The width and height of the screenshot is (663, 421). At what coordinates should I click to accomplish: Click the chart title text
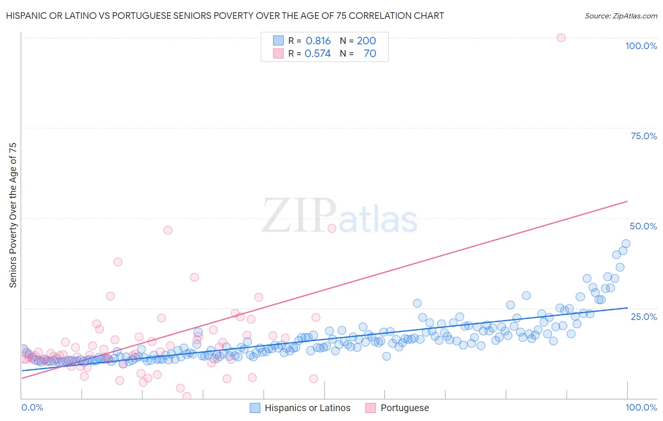pos(225,16)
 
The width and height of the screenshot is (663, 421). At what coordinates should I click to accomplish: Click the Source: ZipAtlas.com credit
pos(621,16)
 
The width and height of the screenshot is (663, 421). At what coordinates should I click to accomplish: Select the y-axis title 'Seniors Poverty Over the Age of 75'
pos(13,215)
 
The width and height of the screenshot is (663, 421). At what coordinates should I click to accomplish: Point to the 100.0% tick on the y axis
pos(641,46)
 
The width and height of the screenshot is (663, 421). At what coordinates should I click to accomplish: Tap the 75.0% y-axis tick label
pos(644,136)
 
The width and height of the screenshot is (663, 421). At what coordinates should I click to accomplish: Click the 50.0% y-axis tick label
pos(643,226)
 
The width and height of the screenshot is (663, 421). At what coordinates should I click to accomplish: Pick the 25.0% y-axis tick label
pos(644,317)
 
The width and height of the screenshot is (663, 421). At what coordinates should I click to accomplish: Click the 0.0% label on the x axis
pos(32,407)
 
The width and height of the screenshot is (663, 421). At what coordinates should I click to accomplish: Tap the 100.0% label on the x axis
pos(641,407)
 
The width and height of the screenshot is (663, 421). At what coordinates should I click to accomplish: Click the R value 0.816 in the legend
pos(318,41)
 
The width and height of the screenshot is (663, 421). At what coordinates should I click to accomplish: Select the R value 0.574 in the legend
pos(318,54)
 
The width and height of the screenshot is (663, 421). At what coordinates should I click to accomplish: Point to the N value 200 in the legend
pos(366,41)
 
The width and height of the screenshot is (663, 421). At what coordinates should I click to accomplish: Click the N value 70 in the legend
pos(370,54)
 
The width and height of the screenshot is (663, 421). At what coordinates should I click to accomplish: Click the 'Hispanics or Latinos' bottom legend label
pos(307,408)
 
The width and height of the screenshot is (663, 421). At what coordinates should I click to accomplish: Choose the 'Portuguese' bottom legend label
pos(405,408)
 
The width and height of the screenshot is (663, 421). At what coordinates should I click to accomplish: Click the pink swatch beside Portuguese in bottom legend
pos(371,408)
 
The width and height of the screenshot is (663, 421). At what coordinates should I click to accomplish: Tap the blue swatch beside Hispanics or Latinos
pos(255,408)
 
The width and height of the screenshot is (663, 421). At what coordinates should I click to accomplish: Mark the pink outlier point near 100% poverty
pos(561,38)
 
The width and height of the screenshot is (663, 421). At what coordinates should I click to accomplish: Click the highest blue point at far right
pos(626,244)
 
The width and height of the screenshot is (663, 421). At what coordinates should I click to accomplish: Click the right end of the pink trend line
pos(627,202)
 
